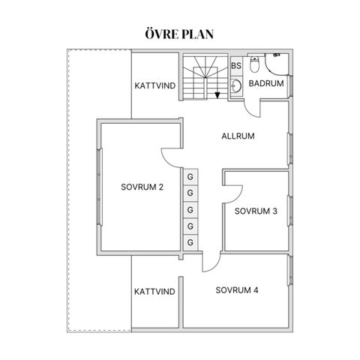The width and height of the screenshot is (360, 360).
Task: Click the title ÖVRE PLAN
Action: [179, 34]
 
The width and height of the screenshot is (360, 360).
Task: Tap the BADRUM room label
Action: [266, 83]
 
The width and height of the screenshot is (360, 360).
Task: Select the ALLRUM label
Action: [238, 136]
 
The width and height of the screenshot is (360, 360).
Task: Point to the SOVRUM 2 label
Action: [142, 187]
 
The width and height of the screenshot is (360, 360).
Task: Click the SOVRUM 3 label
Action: [256, 211]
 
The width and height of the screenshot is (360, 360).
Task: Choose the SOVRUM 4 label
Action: [237, 290]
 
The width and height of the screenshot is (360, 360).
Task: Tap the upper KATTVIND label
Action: [155, 85]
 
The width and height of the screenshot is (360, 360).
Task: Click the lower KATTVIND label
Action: [154, 292]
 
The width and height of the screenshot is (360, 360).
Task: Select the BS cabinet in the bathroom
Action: [236, 66]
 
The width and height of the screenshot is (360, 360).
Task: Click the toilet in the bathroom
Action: [254, 64]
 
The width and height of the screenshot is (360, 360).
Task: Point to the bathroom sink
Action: [236, 86]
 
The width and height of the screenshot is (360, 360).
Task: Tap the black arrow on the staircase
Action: [217, 95]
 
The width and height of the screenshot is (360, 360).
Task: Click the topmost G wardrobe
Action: [190, 177]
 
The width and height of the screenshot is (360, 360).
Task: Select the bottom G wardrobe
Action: [190, 242]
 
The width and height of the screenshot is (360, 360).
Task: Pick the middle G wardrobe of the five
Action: [190, 210]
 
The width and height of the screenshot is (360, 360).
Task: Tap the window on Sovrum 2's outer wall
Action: [100, 187]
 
